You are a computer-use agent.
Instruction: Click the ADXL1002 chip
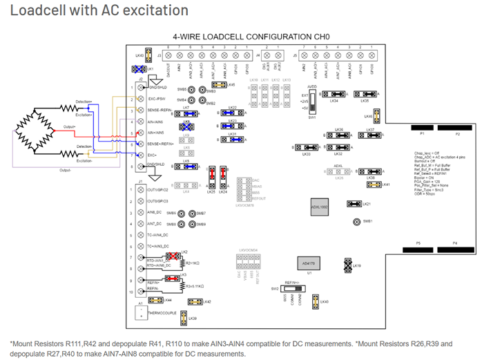tap(319, 207)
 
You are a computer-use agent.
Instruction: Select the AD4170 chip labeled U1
tap(308, 263)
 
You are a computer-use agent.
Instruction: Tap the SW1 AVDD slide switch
tap(311, 101)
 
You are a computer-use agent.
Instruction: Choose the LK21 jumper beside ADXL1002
tap(354, 204)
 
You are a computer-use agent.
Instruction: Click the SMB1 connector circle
tap(356, 222)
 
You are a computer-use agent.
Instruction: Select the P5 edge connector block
tap(418, 248)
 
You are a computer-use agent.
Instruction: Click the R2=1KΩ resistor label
tap(193, 263)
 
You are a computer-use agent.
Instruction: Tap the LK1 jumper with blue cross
tap(146, 69)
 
